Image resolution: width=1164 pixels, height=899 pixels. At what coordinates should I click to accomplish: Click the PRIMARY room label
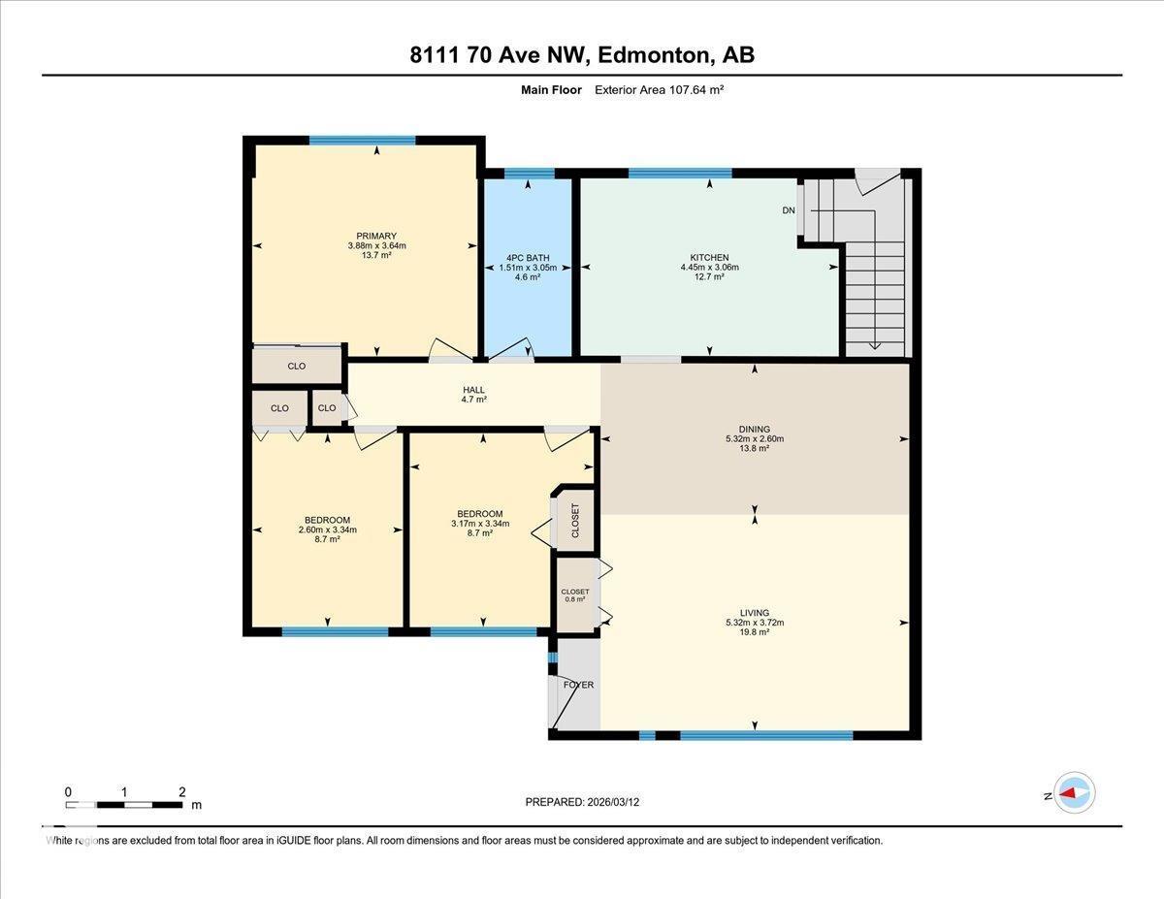[x=376, y=236]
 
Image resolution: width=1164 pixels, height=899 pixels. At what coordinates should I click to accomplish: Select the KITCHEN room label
[x=709, y=258]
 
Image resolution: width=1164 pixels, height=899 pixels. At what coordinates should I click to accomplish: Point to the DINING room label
[x=754, y=429]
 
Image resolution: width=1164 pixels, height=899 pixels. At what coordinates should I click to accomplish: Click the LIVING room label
[x=754, y=613]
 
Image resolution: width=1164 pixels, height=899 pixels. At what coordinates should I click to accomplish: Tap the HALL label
[x=473, y=390]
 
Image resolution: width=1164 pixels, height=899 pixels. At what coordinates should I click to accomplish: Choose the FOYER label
[x=578, y=685]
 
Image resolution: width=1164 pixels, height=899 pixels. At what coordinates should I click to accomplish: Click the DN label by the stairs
[x=789, y=210]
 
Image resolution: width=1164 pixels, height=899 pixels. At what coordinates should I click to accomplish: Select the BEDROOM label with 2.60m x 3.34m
[x=327, y=520]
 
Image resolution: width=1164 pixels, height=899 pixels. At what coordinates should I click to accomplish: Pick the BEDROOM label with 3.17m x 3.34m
[x=479, y=514]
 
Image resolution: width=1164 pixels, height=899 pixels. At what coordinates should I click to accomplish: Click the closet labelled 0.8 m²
[x=574, y=594]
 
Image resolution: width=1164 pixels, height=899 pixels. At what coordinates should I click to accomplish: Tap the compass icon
[x=1074, y=792]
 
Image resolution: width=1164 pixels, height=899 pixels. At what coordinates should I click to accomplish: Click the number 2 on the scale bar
[x=181, y=792]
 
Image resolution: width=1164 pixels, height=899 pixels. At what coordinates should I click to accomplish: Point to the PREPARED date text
[x=582, y=802]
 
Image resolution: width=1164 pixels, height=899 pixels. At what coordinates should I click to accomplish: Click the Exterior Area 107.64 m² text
[x=660, y=90]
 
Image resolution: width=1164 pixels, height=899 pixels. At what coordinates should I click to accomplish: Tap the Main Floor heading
[x=550, y=90]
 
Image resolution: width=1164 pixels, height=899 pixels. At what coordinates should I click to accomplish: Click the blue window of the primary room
[x=363, y=141]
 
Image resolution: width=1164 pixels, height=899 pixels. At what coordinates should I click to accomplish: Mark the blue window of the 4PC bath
[x=529, y=174]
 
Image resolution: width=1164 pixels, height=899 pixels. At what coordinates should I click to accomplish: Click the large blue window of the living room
[x=765, y=735]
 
